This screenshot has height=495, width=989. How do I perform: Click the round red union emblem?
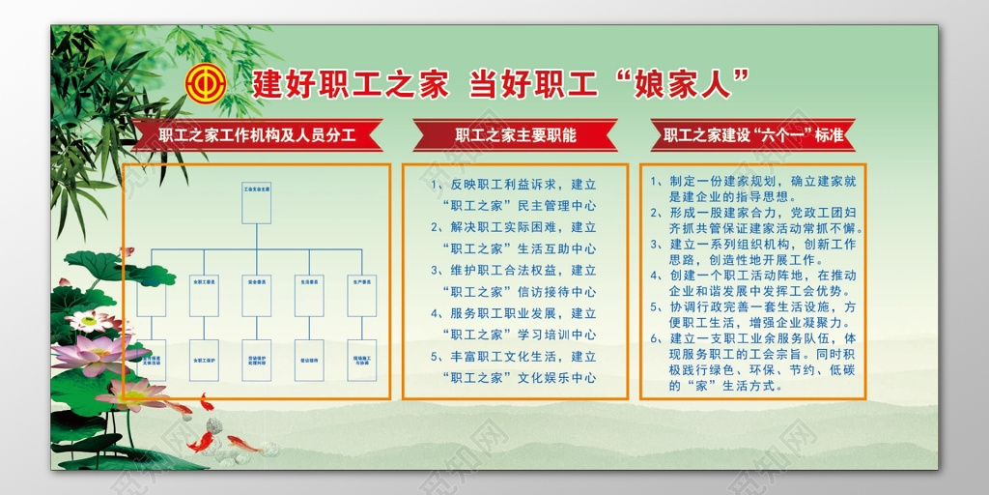[205, 82]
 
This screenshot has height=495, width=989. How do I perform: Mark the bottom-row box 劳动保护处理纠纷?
[256, 360]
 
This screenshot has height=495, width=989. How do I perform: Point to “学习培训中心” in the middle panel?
[556, 335]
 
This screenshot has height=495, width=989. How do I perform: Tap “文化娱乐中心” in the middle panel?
[556, 378]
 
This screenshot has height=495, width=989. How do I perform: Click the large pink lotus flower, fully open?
[90, 354]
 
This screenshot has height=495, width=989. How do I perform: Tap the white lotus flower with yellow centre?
[89, 320]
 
